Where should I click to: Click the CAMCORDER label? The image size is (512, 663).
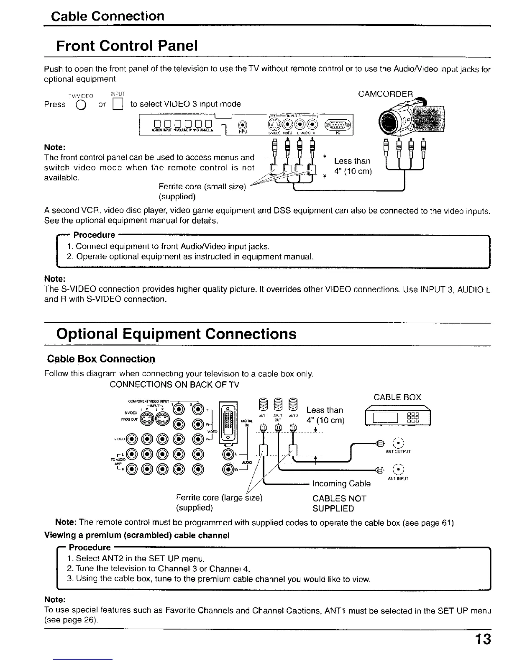pos(385,93)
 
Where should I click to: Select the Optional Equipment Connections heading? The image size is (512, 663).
pos(176,334)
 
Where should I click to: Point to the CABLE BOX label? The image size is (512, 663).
pos(397,397)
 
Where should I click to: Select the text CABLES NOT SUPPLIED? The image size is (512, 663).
pos(339,504)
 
